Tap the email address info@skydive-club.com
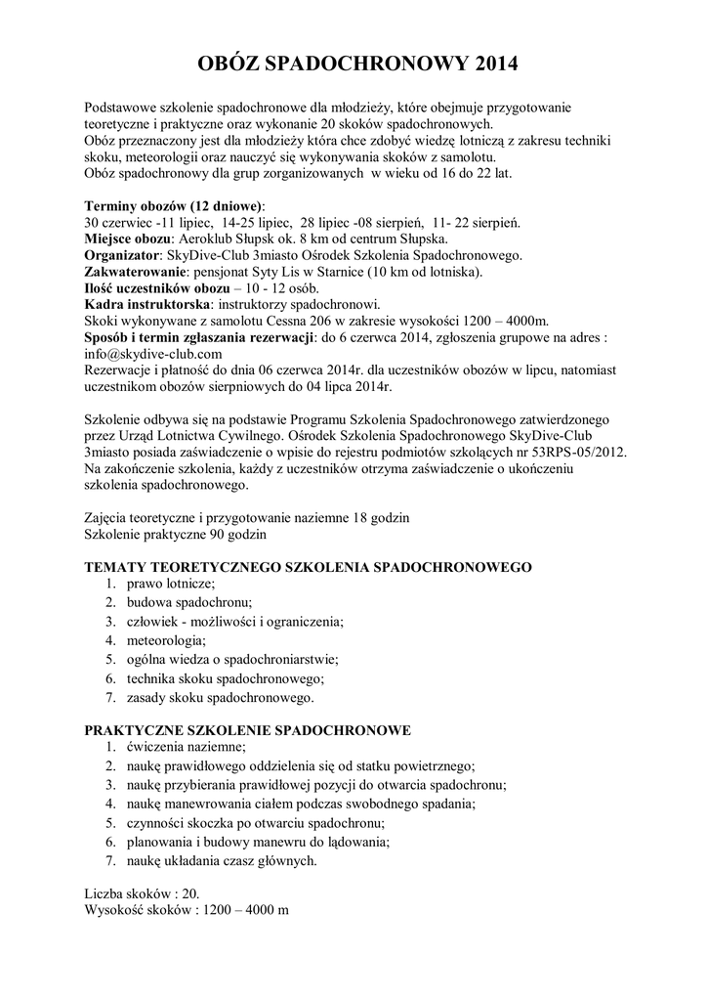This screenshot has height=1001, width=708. coord(153,353)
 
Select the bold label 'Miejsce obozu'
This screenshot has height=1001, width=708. coord(127,239)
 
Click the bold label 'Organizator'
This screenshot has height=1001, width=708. coord(123,255)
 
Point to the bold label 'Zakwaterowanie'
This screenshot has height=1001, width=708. coord(136,271)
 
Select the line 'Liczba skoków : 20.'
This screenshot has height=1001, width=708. coord(142,893)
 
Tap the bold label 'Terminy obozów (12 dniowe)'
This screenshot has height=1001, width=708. coord(172,206)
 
